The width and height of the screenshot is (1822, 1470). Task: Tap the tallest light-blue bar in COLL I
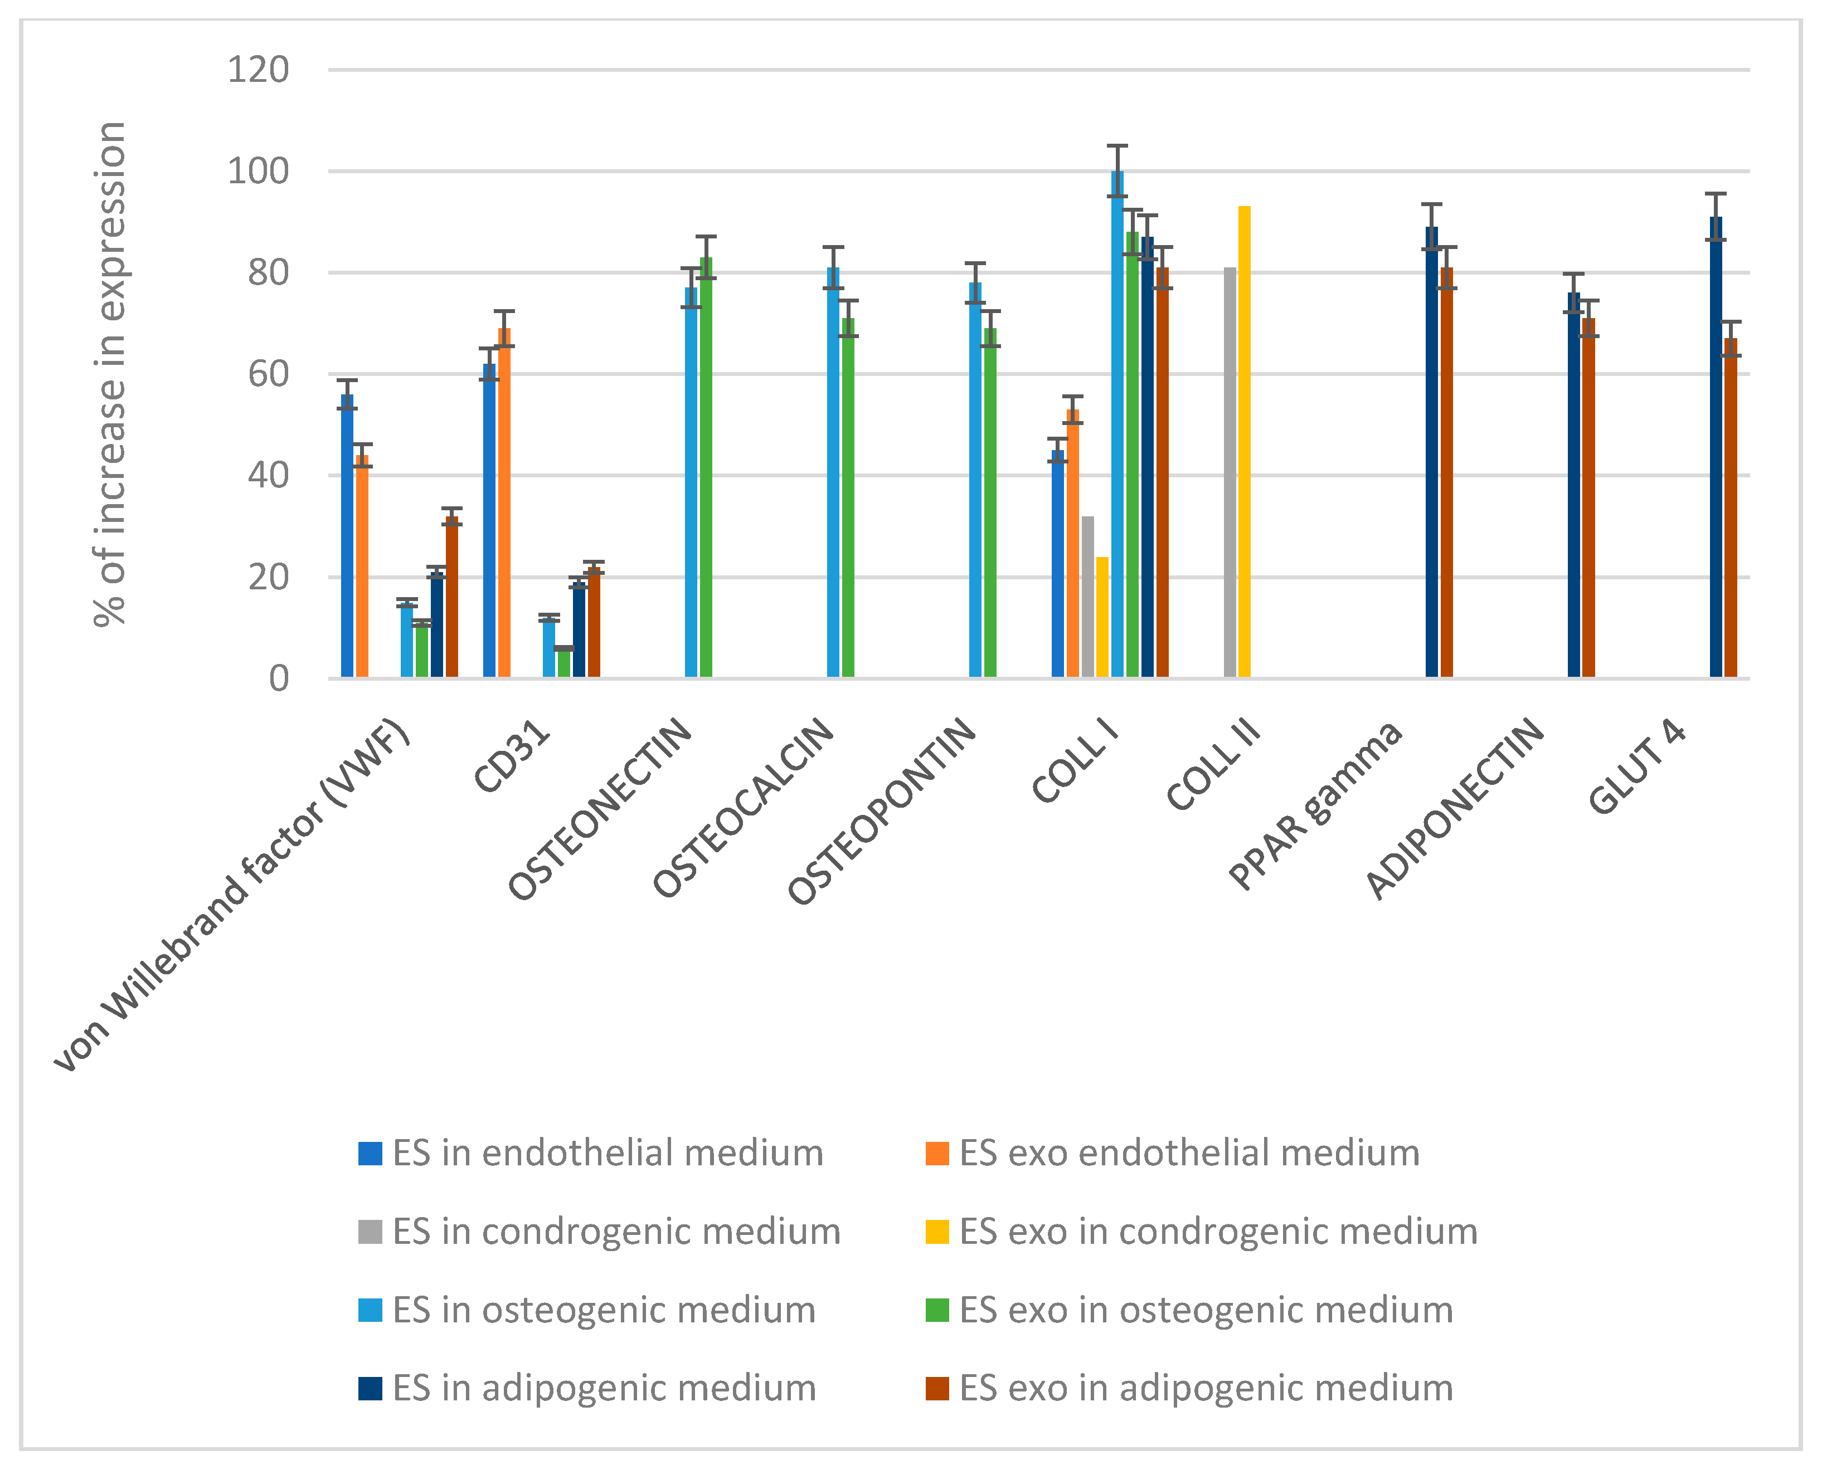coord(1118,423)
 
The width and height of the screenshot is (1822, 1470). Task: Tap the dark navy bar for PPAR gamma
coord(1431,452)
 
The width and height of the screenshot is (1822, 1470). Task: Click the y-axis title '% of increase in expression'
coord(110,373)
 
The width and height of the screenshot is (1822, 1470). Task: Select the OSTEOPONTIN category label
coord(883,811)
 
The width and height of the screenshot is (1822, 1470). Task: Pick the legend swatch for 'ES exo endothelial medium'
coord(937,1153)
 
